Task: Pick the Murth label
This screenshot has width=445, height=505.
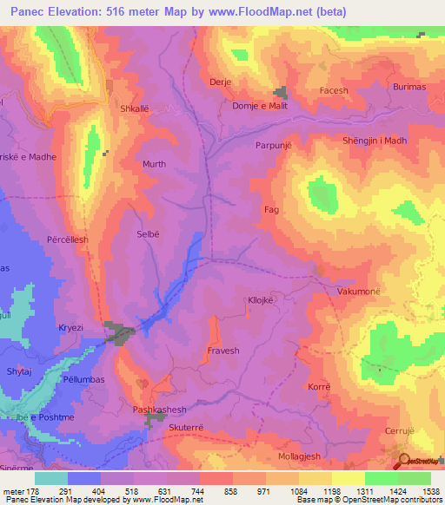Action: [x=154, y=163]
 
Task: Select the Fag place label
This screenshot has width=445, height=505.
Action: [x=270, y=210]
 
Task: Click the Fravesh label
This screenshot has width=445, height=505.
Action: [x=222, y=351]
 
